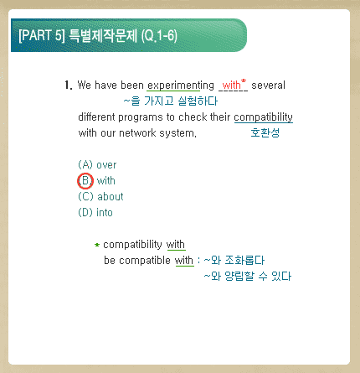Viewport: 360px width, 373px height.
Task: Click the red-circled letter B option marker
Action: (85, 181)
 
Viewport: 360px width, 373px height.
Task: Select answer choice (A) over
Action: (97, 165)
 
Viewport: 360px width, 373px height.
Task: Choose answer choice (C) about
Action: (100, 197)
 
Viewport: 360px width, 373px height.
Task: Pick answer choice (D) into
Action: (95, 213)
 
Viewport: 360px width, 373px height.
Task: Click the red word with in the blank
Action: (231, 85)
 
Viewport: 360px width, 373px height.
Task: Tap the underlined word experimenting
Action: (181, 85)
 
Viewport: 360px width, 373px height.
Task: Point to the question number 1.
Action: (68, 85)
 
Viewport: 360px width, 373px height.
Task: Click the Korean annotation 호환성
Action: (265, 132)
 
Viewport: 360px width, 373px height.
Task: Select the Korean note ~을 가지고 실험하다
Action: (171, 101)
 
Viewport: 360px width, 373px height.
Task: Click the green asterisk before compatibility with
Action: (97, 245)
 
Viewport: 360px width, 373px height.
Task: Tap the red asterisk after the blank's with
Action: (244, 81)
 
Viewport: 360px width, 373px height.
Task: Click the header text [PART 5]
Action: (42, 35)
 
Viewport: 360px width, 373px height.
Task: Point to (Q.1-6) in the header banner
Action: (159, 36)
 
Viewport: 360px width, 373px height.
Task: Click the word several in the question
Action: (268, 85)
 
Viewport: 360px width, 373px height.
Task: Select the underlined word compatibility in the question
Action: (264, 117)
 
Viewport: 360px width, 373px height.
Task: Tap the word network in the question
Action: (137, 133)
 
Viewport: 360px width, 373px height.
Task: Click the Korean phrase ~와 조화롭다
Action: (234, 261)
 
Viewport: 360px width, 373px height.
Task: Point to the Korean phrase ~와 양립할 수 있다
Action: (248, 277)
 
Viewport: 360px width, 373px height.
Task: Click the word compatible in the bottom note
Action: (145, 261)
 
